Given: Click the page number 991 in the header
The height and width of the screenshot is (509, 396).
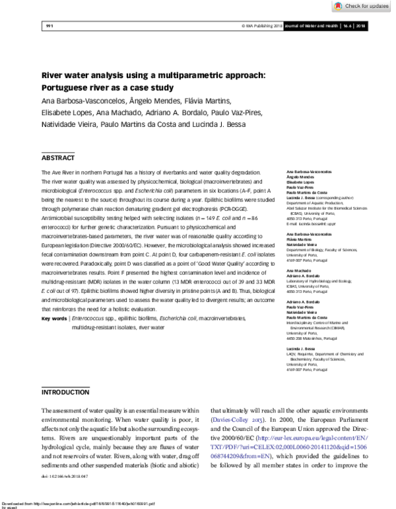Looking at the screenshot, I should tap(49, 26).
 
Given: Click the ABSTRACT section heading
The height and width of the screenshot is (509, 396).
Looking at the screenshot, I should tap(58, 159).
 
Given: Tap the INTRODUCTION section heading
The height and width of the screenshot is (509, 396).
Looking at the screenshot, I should tap(65, 393).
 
